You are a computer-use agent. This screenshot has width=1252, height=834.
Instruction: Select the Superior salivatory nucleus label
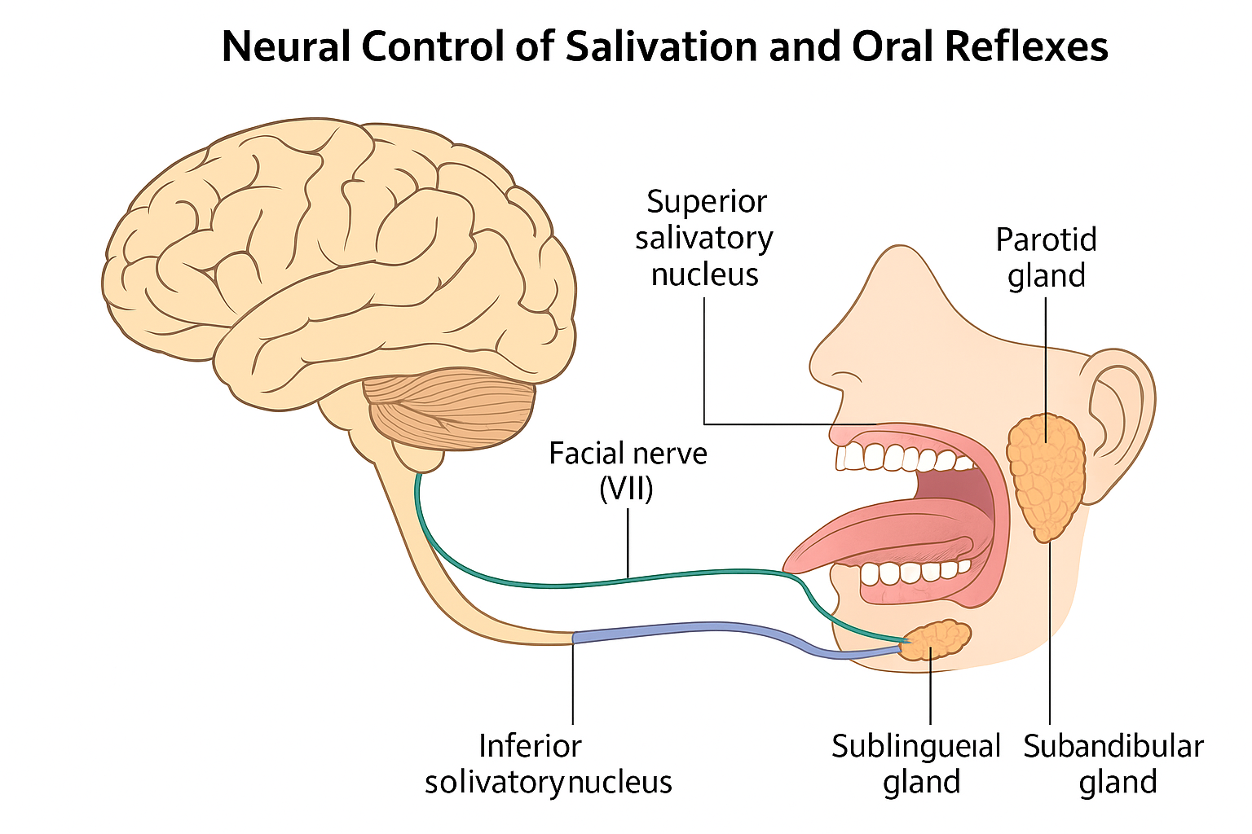704,238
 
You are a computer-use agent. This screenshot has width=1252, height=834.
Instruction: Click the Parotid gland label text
1046,257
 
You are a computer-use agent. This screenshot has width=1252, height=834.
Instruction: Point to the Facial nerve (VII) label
628,471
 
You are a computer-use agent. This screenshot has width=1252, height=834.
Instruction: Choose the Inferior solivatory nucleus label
548,764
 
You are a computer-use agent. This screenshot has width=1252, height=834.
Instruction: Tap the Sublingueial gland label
916,764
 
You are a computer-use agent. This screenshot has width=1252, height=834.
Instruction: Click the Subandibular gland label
1113,764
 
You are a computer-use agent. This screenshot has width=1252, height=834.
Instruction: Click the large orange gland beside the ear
1046,476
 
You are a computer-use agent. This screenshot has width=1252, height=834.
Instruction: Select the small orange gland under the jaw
937,639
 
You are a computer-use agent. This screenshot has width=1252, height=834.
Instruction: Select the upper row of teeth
897,458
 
